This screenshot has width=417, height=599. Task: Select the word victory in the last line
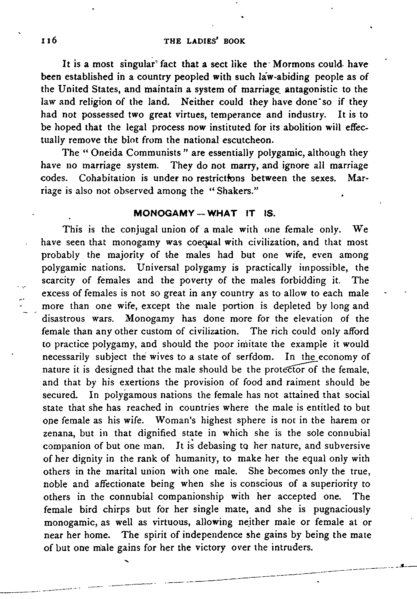[210, 548]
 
